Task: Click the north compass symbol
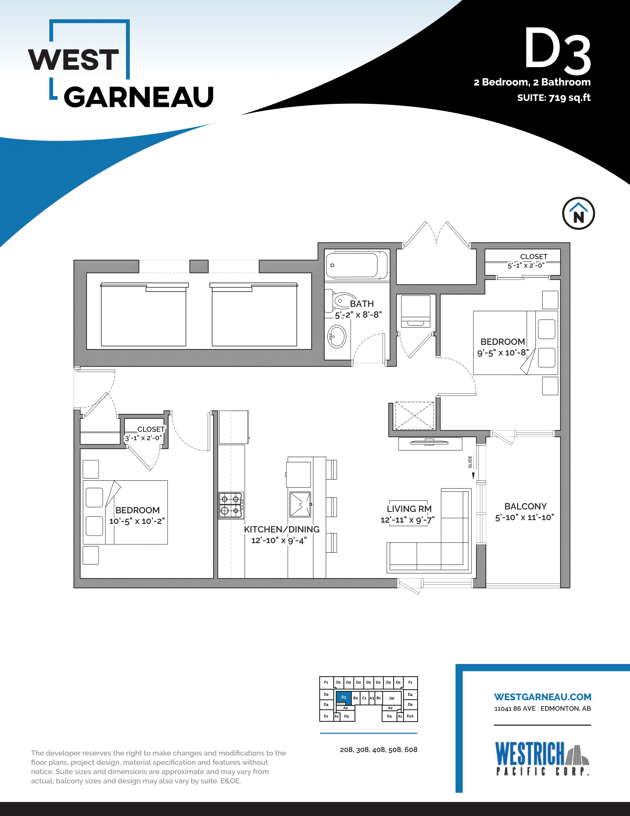click(x=578, y=213)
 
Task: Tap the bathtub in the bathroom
click(x=357, y=265)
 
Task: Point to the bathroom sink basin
click(x=337, y=336)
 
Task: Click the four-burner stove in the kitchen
click(x=231, y=505)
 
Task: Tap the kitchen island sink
click(x=301, y=504)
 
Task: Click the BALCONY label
click(x=525, y=506)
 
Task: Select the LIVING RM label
click(x=409, y=509)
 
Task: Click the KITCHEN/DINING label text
click(x=282, y=529)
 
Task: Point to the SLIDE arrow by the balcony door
click(x=473, y=476)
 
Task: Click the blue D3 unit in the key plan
click(x=344, y=697)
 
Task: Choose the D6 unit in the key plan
click(x=391, y=698)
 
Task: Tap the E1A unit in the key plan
click(x=410, y=716)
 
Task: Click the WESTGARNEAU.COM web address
click(x=543, y=697)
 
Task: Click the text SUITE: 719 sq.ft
click(x=554, y=98)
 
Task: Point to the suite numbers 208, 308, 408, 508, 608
click(x=378, y=750)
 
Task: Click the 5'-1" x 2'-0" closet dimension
click(x=526, y=265)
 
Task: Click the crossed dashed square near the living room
click(x=415, y=415)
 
